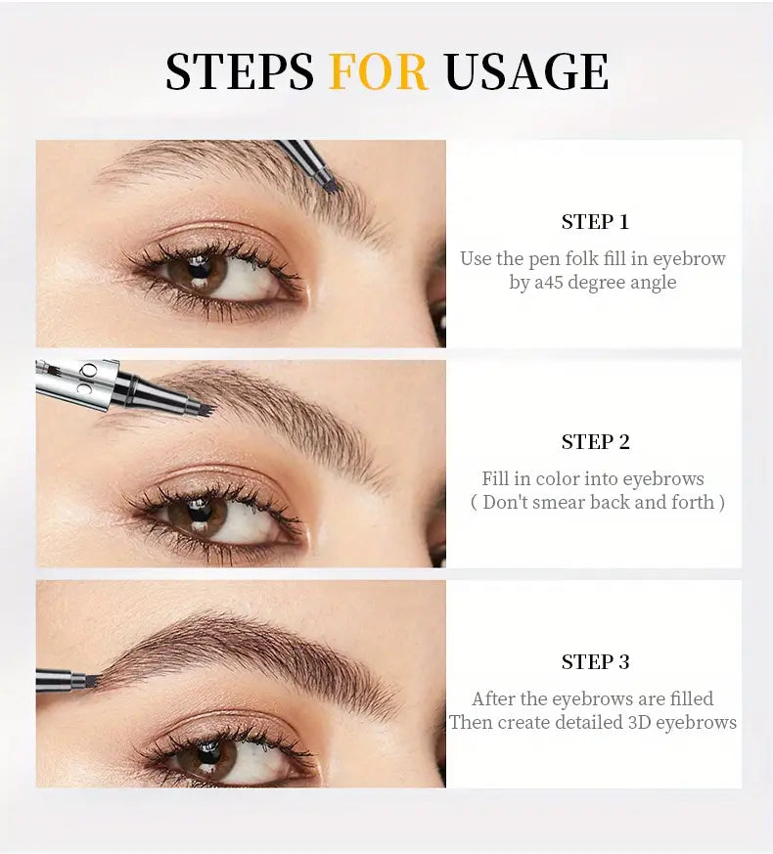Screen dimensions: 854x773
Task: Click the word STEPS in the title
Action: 240,71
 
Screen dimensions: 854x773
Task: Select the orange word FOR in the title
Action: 379,71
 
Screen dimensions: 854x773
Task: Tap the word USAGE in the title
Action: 525,71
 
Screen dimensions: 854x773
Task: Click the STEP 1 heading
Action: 594,222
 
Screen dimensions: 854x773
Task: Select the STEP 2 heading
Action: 594,442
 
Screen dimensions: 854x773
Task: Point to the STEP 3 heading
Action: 594,662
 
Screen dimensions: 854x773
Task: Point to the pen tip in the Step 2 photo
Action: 202,403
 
